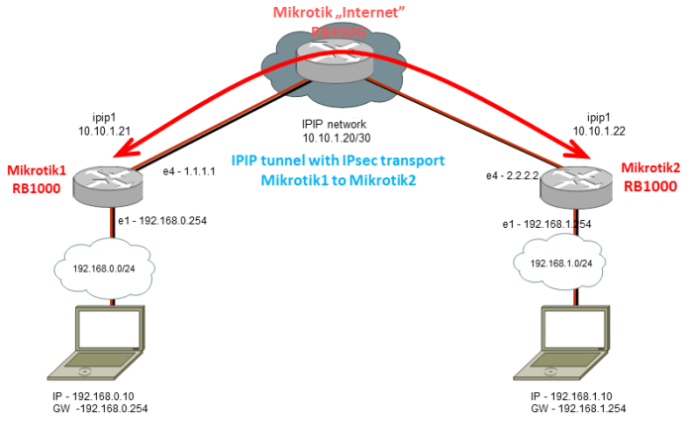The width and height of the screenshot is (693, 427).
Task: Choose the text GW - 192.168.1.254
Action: click(578, 407)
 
